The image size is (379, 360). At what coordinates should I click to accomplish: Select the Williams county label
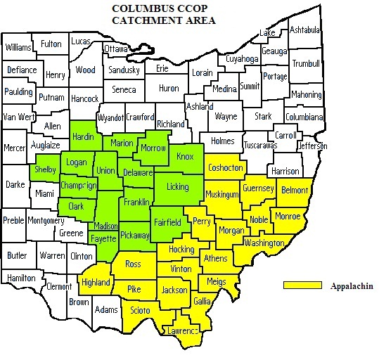tap(18, 48)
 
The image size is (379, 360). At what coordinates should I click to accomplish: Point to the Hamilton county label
tap(20, 278)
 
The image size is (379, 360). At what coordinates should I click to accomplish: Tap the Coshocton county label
tap(225, 167)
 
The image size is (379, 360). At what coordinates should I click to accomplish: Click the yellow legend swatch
tap(298, 286)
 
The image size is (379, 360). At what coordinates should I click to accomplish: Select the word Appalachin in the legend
tap(350, 286)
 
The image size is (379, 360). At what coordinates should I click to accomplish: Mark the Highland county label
tap(97, 282)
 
